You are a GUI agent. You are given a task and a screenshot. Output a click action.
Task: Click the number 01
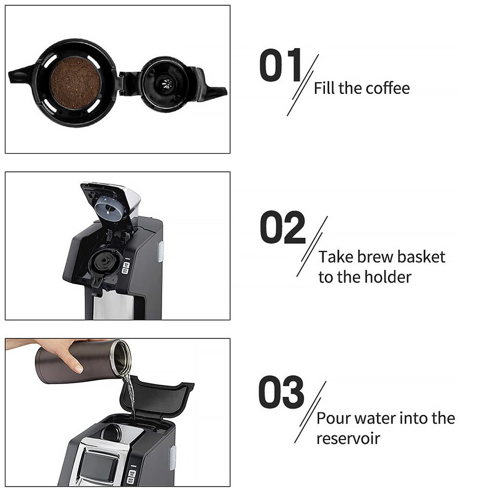tap(280, 65)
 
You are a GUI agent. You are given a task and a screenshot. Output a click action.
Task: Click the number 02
tap(283, 227)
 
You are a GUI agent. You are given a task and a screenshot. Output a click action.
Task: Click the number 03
tap(281, 392)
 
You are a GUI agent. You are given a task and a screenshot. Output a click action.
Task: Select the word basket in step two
tap(420, 257)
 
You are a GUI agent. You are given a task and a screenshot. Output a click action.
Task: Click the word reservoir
tap(348, 439)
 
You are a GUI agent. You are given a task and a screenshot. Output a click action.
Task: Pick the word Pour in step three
tap(332, 418)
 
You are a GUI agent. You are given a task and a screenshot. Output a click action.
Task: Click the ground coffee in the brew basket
tap(75, 83)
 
